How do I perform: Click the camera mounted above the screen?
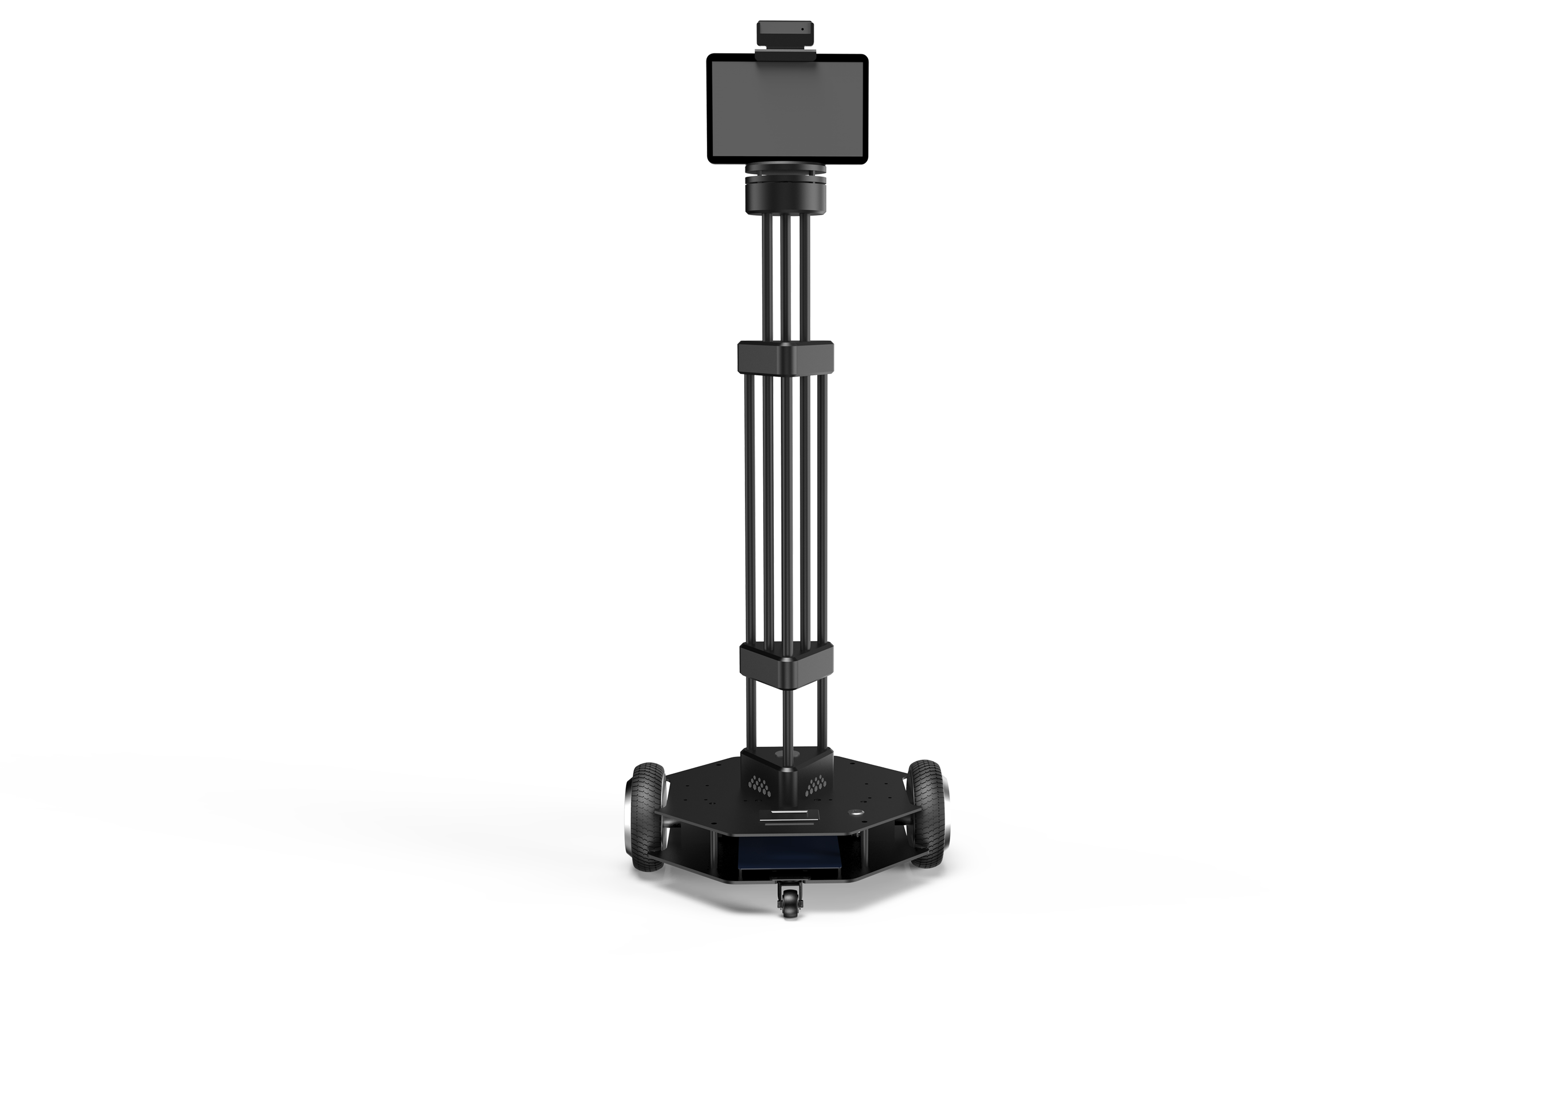click(x=786, y=32)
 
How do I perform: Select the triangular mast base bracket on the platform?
click(x=786, y=769)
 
